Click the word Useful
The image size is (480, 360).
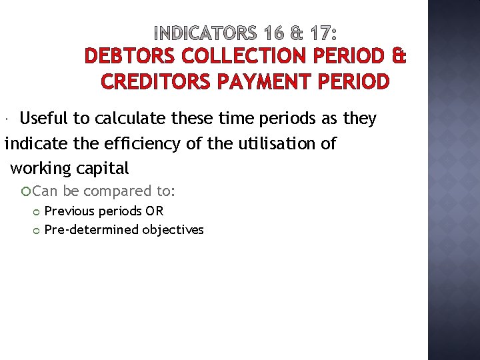[x=44, y=119]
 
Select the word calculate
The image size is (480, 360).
[x=127, y=119]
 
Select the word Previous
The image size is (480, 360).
[x=70, y=211]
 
